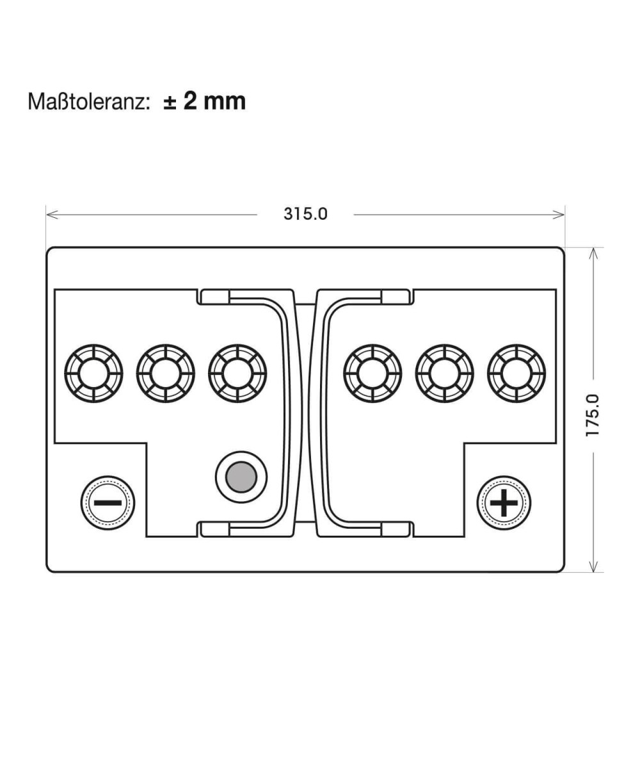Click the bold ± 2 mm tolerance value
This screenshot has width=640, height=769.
(x=205, y=101)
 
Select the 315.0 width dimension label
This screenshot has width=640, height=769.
(x=305, y=214)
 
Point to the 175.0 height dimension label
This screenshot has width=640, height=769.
(x=593, y=415)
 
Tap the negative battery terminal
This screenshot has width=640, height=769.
(x=108, y=502)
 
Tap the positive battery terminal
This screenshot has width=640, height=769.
(x=504, y=502)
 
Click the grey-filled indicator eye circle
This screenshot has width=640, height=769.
(x=241, y=477)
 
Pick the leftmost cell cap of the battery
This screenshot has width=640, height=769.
(x=94, y=374)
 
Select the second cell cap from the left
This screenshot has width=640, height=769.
(x=166, y=374)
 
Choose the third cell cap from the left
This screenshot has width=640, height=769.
(x=237, y=374)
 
